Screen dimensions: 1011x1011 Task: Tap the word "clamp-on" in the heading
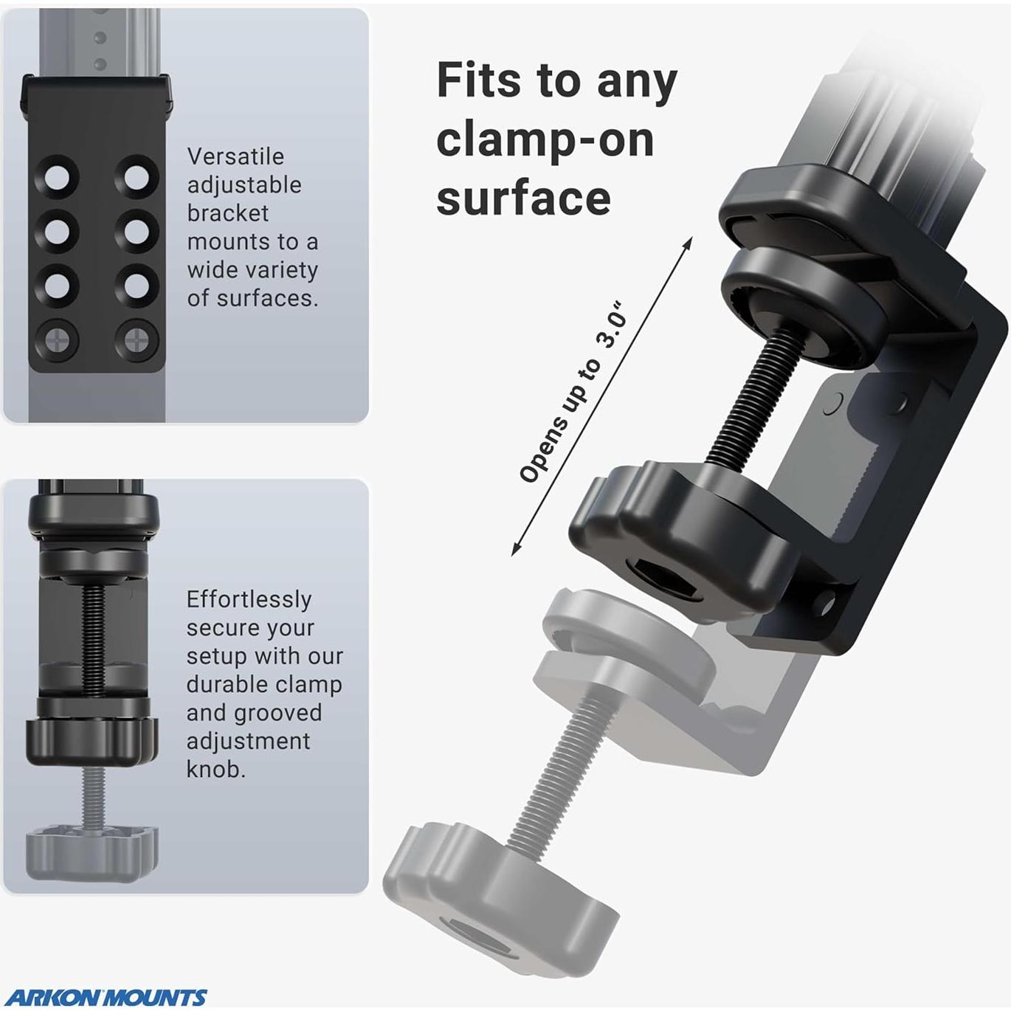click(x=545, y=141)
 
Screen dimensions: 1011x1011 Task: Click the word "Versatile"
click(x=235, y=156)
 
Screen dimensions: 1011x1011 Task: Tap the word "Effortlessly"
click(x=249, y=600)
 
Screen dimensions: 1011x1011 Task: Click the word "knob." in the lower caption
click(x=215, y=770)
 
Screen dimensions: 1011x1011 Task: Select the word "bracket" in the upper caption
click(x=228, y=213)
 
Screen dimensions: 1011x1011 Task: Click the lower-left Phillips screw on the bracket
click(x=57, y=341)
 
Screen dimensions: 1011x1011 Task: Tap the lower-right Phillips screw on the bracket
click(x=137, y=341)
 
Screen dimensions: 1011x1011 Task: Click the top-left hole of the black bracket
click(x=57, y=177)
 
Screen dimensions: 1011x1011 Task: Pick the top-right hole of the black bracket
click(x=137, y=177)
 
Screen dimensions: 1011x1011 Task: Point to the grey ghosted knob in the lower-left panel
click(x=92, y=852)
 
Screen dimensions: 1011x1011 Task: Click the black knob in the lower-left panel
click(x=92, y=741)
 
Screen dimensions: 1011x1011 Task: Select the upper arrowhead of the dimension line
click(x=688, y=241)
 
